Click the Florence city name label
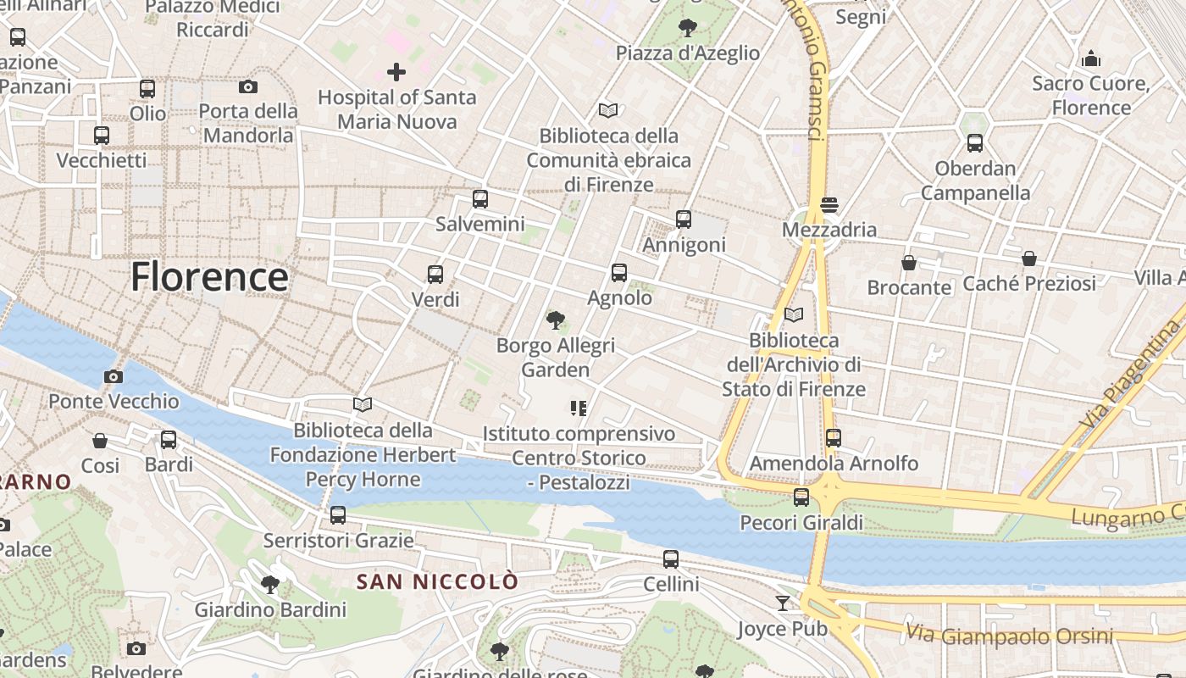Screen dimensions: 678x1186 [209, 277]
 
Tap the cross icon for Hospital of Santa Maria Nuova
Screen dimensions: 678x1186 [396, 72]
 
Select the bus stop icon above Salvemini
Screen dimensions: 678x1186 [480, 199]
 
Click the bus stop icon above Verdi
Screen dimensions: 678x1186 [435, 274]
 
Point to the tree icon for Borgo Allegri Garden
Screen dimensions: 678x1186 [556, 320]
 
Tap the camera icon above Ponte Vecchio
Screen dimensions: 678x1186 [114, 376]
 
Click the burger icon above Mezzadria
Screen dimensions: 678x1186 [829, 204]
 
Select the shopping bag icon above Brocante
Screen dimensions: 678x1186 [909, 263]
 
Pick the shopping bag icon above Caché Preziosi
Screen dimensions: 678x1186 [1029, 258]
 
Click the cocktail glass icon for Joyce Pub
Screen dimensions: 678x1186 [783, 603]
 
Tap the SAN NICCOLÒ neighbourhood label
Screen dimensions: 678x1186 [436, 582]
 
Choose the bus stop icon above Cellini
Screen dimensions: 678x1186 [671, 559]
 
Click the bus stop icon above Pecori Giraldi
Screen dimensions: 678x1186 [801, 497]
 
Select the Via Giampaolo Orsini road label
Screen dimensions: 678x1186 [1009, 634]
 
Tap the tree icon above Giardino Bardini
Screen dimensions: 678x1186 [270, 584]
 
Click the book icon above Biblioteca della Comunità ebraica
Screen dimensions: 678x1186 [608, 110]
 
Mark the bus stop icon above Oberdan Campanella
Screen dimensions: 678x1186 [975, 142]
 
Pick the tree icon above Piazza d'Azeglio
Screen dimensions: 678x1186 [688, 28]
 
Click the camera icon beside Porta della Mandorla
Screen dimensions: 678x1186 [248, 86]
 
